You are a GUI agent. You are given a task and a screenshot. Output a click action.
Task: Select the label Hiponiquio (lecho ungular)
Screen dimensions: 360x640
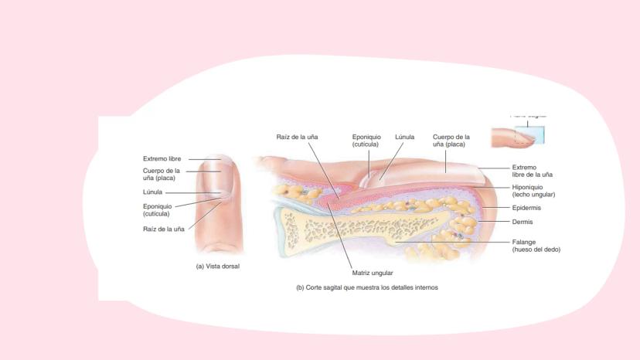(533, 191)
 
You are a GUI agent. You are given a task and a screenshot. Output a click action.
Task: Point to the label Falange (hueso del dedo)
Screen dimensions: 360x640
(536, 246)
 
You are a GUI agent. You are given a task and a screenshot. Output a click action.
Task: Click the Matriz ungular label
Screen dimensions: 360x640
(373, 273)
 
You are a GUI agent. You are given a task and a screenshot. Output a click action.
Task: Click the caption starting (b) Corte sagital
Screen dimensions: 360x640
(367, 287)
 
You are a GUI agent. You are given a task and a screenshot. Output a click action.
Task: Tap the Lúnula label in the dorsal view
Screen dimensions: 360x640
(152, 192)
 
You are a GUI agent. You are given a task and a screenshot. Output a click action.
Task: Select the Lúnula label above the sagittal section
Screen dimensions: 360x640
(405, 137)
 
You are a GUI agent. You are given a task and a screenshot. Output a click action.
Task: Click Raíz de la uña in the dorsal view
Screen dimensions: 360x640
(163, 229)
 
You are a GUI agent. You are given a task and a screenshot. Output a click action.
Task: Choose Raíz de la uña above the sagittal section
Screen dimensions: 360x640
(297, 137)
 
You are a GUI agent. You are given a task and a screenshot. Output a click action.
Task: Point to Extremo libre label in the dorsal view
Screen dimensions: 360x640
(162, 158)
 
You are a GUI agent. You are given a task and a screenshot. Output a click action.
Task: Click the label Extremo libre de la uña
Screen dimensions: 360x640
(532, 171)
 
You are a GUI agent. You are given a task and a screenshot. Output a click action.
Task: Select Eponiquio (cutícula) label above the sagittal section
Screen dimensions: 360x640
(366, 141)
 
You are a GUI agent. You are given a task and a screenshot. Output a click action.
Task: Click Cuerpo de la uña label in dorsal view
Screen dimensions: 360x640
(161, 175)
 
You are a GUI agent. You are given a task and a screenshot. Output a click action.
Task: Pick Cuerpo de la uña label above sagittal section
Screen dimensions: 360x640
(451, 141)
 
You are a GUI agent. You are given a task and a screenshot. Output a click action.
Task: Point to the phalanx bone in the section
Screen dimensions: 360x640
(363, 229)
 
